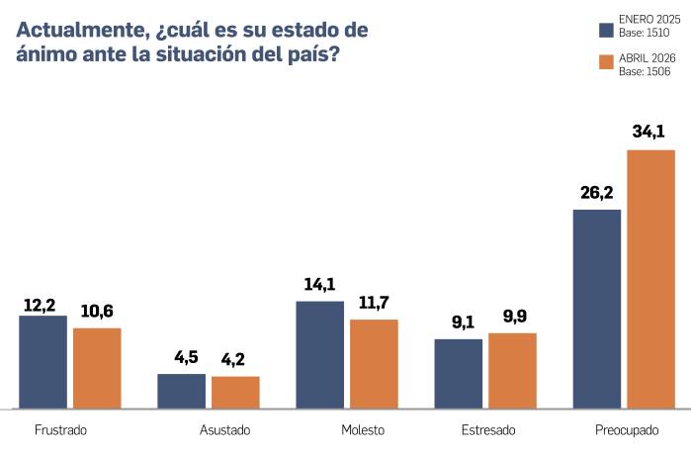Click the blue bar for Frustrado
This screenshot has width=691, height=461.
43,361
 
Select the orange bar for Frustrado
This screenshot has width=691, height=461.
97,367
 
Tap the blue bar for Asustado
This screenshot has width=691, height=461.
182,390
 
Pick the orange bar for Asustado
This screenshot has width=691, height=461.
235,392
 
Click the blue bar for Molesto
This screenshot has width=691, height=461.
320,354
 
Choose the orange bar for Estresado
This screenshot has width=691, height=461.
512,370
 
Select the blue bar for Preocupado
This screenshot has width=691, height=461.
597,308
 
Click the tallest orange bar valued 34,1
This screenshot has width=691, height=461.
650,278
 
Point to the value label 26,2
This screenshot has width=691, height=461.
597,193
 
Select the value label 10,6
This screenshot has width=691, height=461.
97,312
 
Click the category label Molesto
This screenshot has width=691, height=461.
363,430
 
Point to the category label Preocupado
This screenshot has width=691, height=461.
628,430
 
